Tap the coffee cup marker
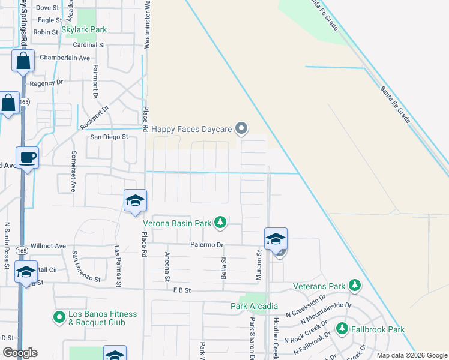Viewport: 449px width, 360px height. coord(28,158)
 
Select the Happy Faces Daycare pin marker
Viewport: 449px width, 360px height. coord(241,128)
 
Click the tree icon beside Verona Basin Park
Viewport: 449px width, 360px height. coord(220,223)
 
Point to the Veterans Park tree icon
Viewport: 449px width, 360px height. coord(355,286)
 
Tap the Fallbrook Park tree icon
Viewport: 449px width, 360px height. coord(342,329)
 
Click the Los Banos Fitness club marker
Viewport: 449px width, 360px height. coord(59,317)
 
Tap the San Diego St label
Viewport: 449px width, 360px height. coord(109,137)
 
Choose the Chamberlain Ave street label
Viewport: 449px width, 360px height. coord(64,58)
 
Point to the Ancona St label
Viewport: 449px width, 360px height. coord(167,266)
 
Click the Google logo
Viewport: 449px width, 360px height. coord(20,353)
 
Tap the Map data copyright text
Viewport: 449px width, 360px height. coord(412,355)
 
